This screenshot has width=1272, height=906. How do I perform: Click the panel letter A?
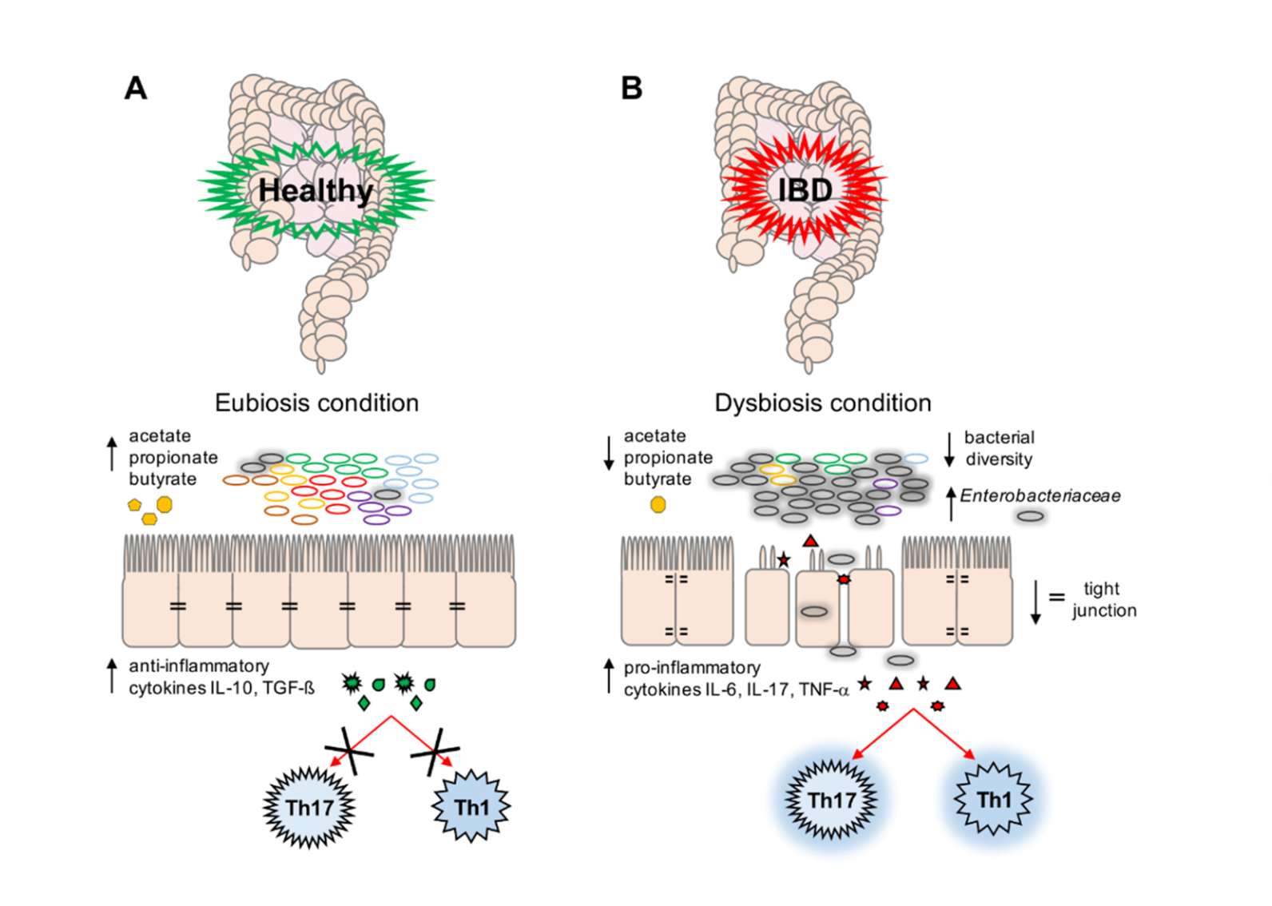[136, 88]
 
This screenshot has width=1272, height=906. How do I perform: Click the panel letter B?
[631, 88]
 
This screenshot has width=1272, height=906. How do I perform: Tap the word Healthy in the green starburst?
[316, 191]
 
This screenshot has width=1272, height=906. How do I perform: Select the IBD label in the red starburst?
[805, 191]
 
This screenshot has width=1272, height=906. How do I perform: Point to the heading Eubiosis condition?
[316, 403]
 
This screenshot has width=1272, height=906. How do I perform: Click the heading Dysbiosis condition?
[822, 403]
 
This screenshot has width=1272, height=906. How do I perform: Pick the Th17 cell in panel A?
[309, 808]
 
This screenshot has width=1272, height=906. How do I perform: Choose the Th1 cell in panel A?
[471, 808]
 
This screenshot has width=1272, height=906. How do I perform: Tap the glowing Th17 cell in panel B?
[831, 800]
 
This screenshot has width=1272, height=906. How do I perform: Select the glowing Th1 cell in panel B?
[994, 800]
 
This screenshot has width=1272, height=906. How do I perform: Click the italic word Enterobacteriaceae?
[1039, 496]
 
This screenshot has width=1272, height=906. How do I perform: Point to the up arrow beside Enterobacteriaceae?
[951, 503]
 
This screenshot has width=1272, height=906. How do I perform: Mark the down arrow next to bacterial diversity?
[949, 449]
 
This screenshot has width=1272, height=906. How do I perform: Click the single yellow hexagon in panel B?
[658, 505]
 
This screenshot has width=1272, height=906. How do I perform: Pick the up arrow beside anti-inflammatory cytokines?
[112, 676]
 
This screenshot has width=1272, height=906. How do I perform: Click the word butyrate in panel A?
[162, 479]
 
